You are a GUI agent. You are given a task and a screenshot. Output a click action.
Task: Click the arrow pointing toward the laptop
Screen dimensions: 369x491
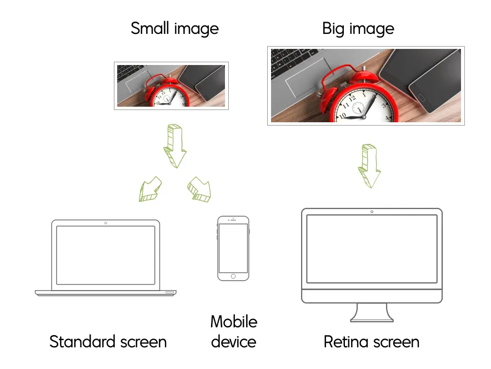(149, 189)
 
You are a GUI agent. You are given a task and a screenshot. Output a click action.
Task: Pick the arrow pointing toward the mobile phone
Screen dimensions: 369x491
(199, 189)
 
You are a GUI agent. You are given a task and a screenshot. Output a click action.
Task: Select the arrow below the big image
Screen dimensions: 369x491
(370, 166)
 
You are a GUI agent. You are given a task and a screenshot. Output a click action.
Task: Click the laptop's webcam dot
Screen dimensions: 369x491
(106, 223)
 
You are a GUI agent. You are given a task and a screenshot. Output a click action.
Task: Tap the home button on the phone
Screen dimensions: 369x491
(233, 276)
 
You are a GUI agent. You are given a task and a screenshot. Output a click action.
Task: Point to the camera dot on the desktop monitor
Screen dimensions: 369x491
(372, 212)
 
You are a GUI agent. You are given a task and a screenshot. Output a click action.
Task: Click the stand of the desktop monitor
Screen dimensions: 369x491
(372, 312)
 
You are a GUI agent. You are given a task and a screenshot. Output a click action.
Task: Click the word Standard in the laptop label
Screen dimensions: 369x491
(87, 341)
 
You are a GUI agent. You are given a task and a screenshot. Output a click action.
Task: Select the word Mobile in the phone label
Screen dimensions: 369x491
(233, 322)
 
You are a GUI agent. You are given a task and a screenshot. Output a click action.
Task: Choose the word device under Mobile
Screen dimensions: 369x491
(233, 341)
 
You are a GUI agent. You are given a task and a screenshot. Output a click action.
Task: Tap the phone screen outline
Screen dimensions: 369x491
(233, 248)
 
